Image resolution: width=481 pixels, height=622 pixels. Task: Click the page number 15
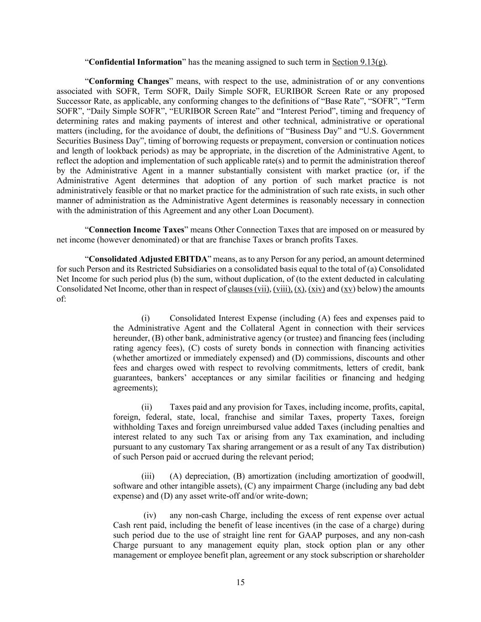(240, 582)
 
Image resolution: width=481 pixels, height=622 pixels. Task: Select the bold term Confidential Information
(135, 62)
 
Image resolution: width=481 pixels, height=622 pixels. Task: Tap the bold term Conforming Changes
(129, 82)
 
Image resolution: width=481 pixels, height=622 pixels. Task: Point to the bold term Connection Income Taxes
(136, 230)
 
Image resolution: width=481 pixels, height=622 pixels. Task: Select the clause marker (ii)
(147, 407)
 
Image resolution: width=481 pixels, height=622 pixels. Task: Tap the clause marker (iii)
(148, 476)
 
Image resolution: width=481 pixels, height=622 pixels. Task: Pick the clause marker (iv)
(150, 515)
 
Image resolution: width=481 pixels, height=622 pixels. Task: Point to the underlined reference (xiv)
(316, 289)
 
